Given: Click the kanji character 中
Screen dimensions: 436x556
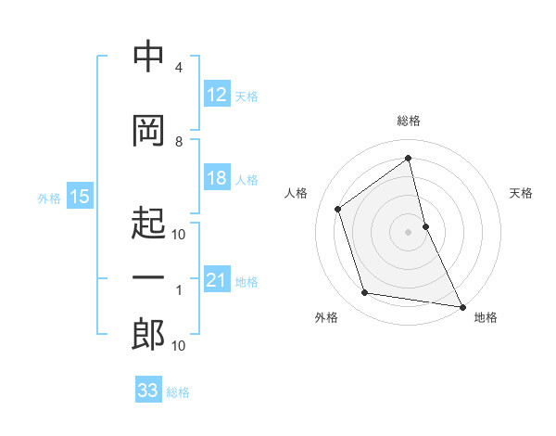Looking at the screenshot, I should (x=149, y=58).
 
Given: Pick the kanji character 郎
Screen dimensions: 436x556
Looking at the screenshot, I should (x=149, y=335).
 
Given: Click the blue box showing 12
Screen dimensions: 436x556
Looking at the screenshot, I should (x=216, y=94).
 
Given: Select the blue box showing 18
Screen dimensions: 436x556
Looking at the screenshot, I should (x=216, y=178).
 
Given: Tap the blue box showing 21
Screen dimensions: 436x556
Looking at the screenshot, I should (x=216, y=280).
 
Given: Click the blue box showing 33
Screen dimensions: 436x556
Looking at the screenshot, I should (x=148, y=391).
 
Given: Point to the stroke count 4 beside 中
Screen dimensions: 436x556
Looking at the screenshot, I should (x=179, y=68).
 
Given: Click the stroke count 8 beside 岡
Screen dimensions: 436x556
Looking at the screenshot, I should (x=179, y=141).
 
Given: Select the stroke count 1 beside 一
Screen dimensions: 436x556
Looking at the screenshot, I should (x=179, y=290).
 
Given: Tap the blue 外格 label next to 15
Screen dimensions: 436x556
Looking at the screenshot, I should (x=48, y=197).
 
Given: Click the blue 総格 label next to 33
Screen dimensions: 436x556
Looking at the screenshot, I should (x=178, y=391).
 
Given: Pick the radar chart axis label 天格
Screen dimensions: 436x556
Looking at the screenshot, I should (x=521, y=193).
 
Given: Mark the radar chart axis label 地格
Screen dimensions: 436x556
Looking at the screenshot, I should (x=485, y=317).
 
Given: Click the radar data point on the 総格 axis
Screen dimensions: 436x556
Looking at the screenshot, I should (x=408, y=158).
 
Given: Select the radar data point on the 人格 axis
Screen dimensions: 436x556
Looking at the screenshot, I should (x=338, y=209).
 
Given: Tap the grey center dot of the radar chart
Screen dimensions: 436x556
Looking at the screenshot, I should (x=408, y=231).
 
